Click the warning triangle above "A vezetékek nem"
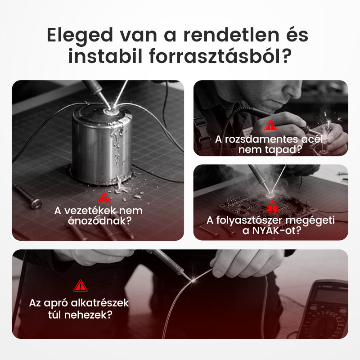[x=104, y=197]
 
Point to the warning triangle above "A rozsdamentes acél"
[x=270, y=126]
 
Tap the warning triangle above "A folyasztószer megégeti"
[x=272, y=207]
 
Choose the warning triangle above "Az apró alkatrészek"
[x=81, y=285]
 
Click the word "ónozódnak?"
[x=104, y=221]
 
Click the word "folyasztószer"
[x=243, y=220]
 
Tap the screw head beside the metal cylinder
[x=36, y=203]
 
